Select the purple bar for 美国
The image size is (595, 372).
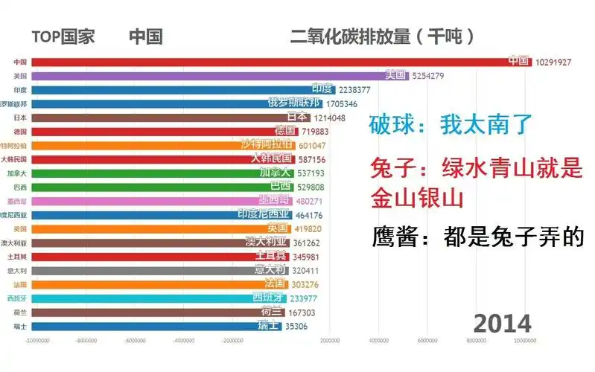[209, 75]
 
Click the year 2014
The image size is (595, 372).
[503, 324]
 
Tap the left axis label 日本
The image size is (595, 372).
[20, 118]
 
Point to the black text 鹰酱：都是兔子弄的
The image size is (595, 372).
[477, 238]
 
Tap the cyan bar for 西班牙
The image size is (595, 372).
[141, 298]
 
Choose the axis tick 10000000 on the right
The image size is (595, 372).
[525, 341]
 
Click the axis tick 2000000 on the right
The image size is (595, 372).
[329, 341]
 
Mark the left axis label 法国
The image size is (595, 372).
[20, 284]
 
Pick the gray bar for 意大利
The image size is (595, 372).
[141, 271]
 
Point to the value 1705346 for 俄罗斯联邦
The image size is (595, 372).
[342, 103]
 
